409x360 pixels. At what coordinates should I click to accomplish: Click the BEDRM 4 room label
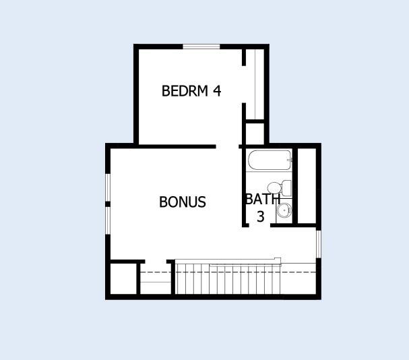click(x=191, y=91)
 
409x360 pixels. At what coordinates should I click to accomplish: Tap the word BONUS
click(x=183, y=202)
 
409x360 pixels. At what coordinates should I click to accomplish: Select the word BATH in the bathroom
click(x=262, y=200)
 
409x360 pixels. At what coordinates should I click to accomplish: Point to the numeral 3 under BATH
click(x=260, y=216)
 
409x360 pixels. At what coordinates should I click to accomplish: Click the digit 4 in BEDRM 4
click(x=217, y=91)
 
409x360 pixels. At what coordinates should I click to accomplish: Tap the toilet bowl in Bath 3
click(x=274, y=187)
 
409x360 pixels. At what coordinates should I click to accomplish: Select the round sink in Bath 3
click(x=284, y=210)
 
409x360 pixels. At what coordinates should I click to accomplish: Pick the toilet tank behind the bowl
click(x=286, y=187)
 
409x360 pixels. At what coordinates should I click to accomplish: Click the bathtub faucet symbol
click(x=288, y=161)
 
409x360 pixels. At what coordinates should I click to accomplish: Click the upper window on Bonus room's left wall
click(x=106, y=188)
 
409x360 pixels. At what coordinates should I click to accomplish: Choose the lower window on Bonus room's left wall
click(x=106, y=220)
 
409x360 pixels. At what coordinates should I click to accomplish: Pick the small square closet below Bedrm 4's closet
click(x=255, y=133)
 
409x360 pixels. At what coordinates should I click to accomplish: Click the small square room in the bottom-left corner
click(x=123, y=278)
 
